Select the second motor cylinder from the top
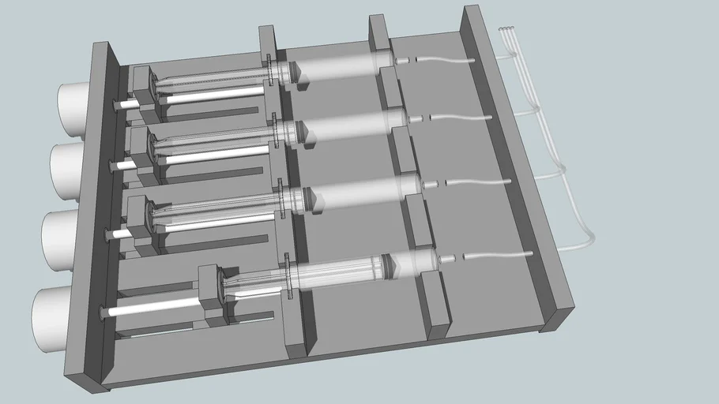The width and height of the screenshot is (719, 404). (66, 169)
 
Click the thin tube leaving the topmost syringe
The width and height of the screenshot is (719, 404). (442, 58)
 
